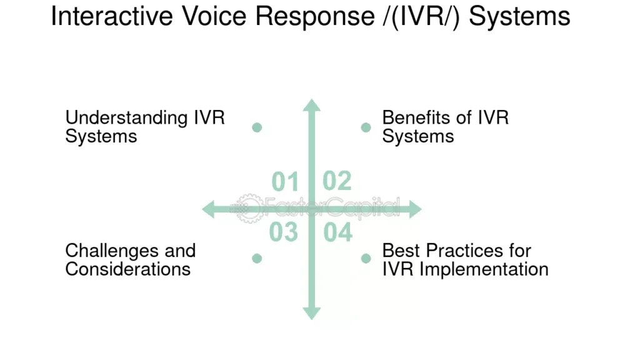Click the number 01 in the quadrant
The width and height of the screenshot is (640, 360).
[x=285, y=182]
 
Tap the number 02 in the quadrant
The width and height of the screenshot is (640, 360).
[x=337, y=181]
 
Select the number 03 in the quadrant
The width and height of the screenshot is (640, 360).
[x=283, y=232]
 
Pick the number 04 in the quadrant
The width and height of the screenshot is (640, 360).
[x=338, y=232]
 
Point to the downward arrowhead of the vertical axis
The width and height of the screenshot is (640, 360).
[x=311, y=312]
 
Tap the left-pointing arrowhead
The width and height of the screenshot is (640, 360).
[x=209, y=209]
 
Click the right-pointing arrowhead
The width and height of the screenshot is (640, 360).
[x=414, y=209]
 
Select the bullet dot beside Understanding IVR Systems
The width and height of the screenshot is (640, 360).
[x=257, y=127]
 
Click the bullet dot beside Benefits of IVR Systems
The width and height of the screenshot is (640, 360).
[x=366, y=127]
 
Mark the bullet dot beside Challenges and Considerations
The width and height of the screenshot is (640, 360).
[x=257, y=258]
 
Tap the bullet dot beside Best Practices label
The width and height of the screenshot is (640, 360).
[x=366, y=258]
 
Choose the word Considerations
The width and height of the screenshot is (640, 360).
[x=127, y=269]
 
